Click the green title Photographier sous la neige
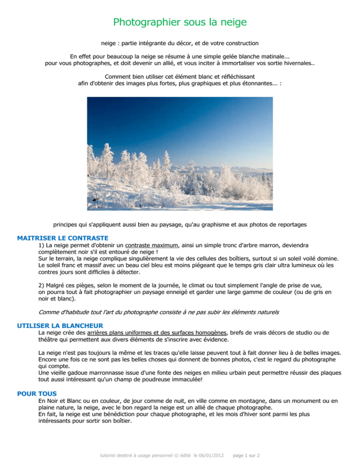[180, 22]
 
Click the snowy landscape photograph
[180, 153]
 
